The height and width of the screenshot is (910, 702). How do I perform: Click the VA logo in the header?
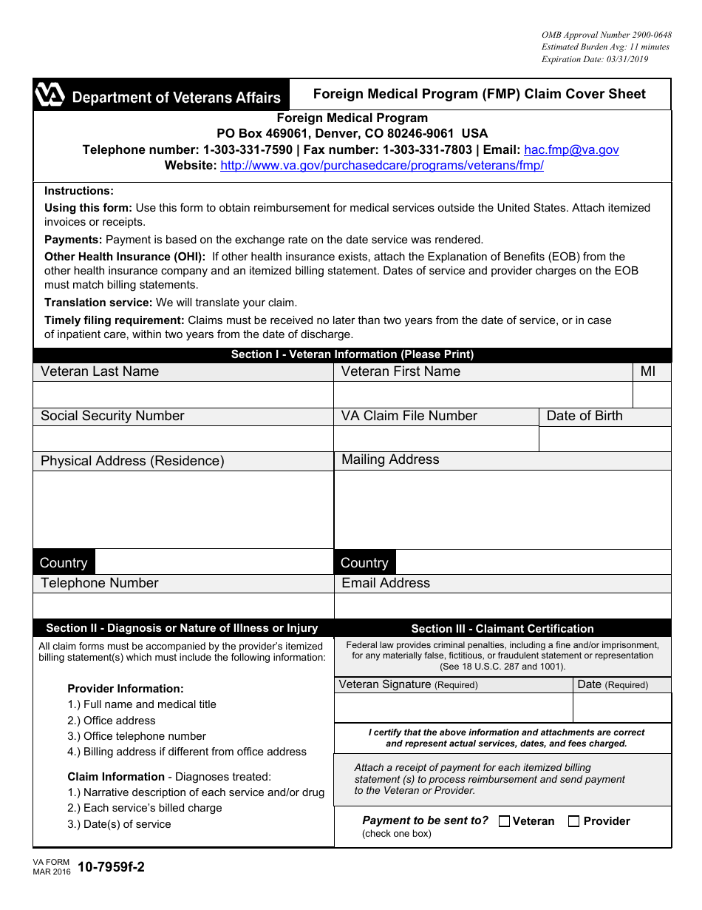50,95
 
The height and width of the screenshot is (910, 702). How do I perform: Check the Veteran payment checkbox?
505,821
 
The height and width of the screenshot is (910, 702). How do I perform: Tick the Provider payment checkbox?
573,821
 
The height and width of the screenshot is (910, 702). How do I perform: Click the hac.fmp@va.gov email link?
571,150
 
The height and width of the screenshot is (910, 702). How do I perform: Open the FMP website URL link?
382,166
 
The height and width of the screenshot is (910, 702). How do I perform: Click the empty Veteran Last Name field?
183,394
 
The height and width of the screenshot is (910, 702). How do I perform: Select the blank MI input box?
652,394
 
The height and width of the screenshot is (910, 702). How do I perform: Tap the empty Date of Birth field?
604,439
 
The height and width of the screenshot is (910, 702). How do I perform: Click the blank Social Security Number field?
183,439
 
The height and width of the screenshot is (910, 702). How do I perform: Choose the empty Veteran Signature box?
453,708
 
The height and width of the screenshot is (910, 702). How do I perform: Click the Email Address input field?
502,605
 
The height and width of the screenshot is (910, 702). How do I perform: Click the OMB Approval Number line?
606,35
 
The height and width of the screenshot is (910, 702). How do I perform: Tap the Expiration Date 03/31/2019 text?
594,59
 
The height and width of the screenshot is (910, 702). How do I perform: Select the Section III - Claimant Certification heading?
502,629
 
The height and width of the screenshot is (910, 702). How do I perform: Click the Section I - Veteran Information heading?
352,354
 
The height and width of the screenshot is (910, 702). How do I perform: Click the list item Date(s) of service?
119,824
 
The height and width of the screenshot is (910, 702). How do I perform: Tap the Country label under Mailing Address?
364,563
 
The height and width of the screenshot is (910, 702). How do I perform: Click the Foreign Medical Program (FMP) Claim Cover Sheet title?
479,94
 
